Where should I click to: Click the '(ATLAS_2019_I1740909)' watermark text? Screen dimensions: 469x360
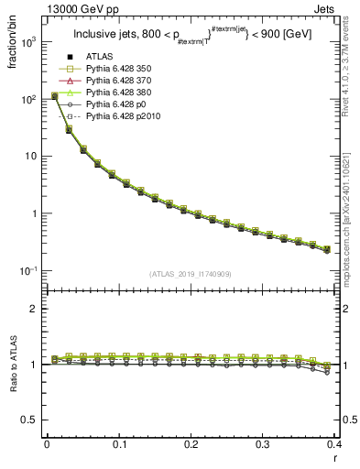click(x=190, y=275)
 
